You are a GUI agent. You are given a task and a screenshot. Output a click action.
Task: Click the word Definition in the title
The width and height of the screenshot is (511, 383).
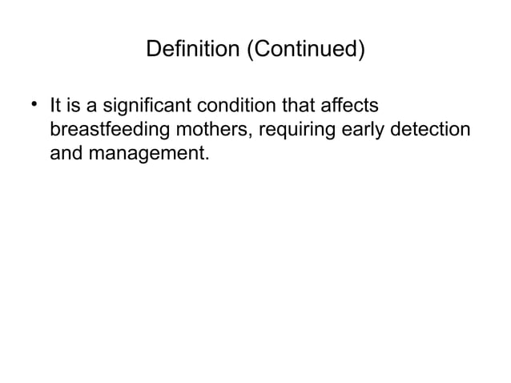pos(193,50)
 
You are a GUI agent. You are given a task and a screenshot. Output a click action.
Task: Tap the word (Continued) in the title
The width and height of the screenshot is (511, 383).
pos(304,50)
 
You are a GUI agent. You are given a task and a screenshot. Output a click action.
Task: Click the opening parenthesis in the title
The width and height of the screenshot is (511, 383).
pos(249,50)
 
